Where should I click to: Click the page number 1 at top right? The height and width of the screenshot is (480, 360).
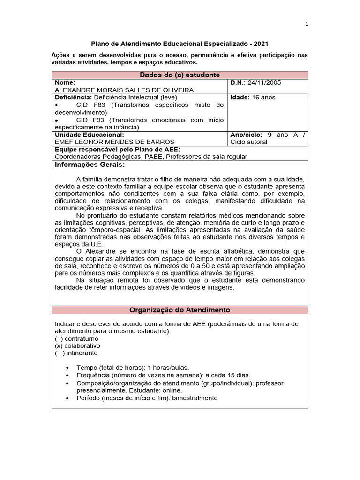[306, 25]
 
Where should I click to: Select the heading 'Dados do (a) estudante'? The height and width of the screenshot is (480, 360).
[180, 75]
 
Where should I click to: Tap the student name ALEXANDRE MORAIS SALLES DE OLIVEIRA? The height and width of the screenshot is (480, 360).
[124, 90]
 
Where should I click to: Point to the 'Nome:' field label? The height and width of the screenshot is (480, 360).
[65, 82]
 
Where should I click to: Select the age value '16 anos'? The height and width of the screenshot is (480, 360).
[264, 97]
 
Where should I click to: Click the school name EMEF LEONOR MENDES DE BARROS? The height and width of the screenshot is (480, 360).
[115, 142]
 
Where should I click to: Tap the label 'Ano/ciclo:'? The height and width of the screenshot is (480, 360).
[247, 135]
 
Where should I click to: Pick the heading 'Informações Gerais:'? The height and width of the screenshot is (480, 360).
[90, 165]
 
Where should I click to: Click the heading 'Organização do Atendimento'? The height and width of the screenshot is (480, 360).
[180, 310]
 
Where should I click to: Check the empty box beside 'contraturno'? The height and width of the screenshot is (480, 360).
[59, 338]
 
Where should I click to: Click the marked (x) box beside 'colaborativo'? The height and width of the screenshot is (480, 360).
[59, 345]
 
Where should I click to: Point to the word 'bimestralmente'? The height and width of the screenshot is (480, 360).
[195, 398]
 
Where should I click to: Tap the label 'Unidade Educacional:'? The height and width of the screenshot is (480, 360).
[90, 135]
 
